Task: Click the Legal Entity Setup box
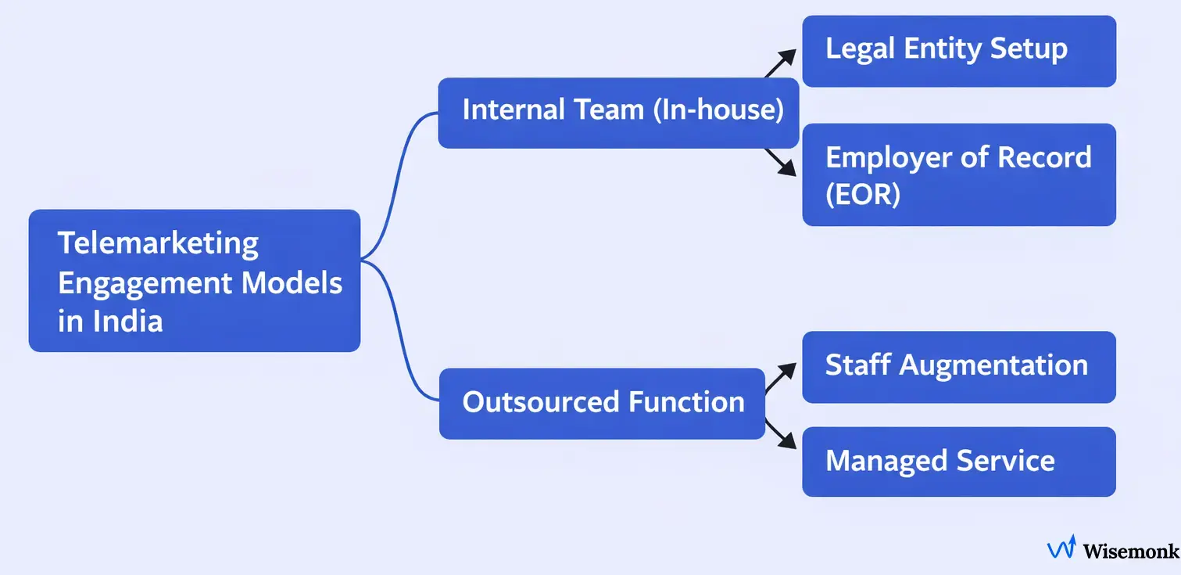(959, 51)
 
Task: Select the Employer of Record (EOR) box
(959, 174)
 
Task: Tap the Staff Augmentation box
(959, 367)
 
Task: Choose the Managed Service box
(959, 462)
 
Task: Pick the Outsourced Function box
(602, 404)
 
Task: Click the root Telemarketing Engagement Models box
(194, 281)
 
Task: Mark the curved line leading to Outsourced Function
(399, 336)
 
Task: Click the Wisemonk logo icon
(1061, 548)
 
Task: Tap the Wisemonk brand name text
(1130, 551)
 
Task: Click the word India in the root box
(127, 322)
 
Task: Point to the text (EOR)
(863, 193)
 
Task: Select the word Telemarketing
(158, 243)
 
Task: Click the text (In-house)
(718, 110)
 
